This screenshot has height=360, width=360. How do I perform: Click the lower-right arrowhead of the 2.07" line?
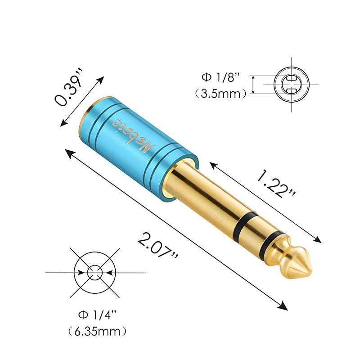pyautogui.click(x=284, y=307)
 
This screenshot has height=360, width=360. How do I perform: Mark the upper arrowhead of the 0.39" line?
pyautogui.click(x=102, y=80)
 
